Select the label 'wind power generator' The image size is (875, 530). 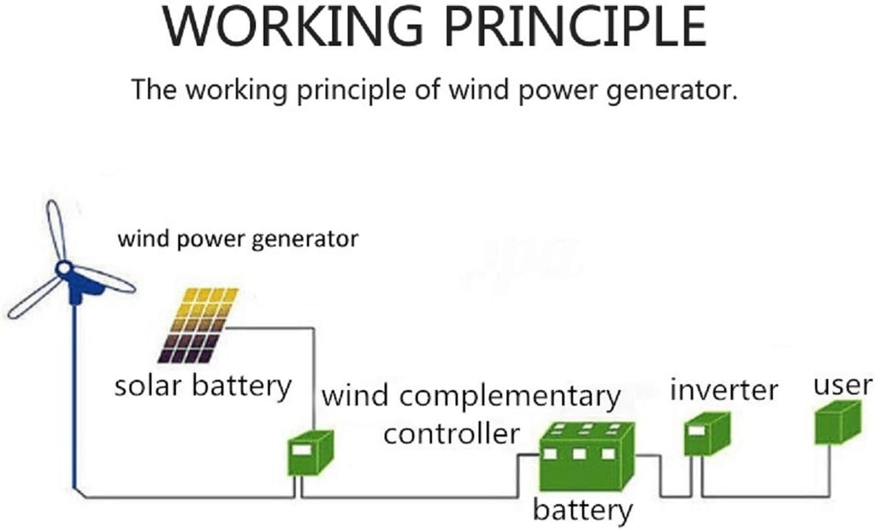tap(238, 239)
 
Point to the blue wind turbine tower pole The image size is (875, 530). tap(73, 392)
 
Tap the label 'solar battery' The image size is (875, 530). tap(203, 386)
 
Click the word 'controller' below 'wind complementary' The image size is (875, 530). tap(451, 433)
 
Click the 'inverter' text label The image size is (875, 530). tap(724, 390)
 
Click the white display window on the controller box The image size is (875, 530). tap(301, 449)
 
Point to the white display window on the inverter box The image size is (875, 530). tap(697, 429)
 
